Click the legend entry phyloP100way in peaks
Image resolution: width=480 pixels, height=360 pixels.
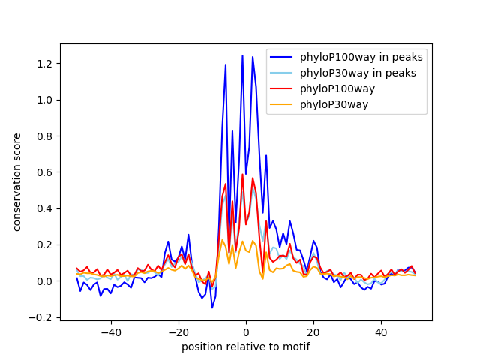tap(361, 57)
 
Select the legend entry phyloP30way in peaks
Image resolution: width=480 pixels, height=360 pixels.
tap(358, 73)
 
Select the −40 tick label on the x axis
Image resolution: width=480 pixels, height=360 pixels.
tap(110, 332)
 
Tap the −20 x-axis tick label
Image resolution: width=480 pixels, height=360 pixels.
tap(178, 332)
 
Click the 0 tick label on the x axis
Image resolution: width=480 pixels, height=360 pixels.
tap(246, 332)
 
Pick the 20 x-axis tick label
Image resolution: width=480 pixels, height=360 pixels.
tap(313, 332)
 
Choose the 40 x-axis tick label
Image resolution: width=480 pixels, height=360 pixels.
tap(381, 332)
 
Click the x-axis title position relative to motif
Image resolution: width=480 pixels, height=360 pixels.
tap(245, 346)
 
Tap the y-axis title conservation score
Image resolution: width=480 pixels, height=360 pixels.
tap(16, 181)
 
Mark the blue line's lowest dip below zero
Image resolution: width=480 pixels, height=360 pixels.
tap(212, 307)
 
